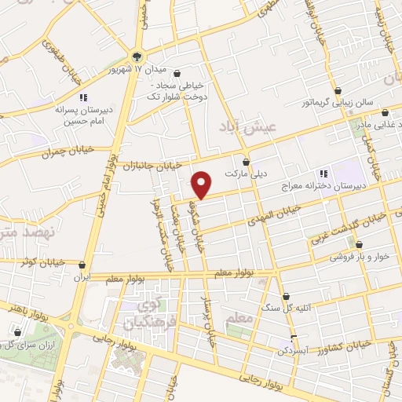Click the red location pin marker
(203, 185)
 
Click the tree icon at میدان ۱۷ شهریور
(137, 56)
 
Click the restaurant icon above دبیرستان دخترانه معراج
(323, 174)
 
